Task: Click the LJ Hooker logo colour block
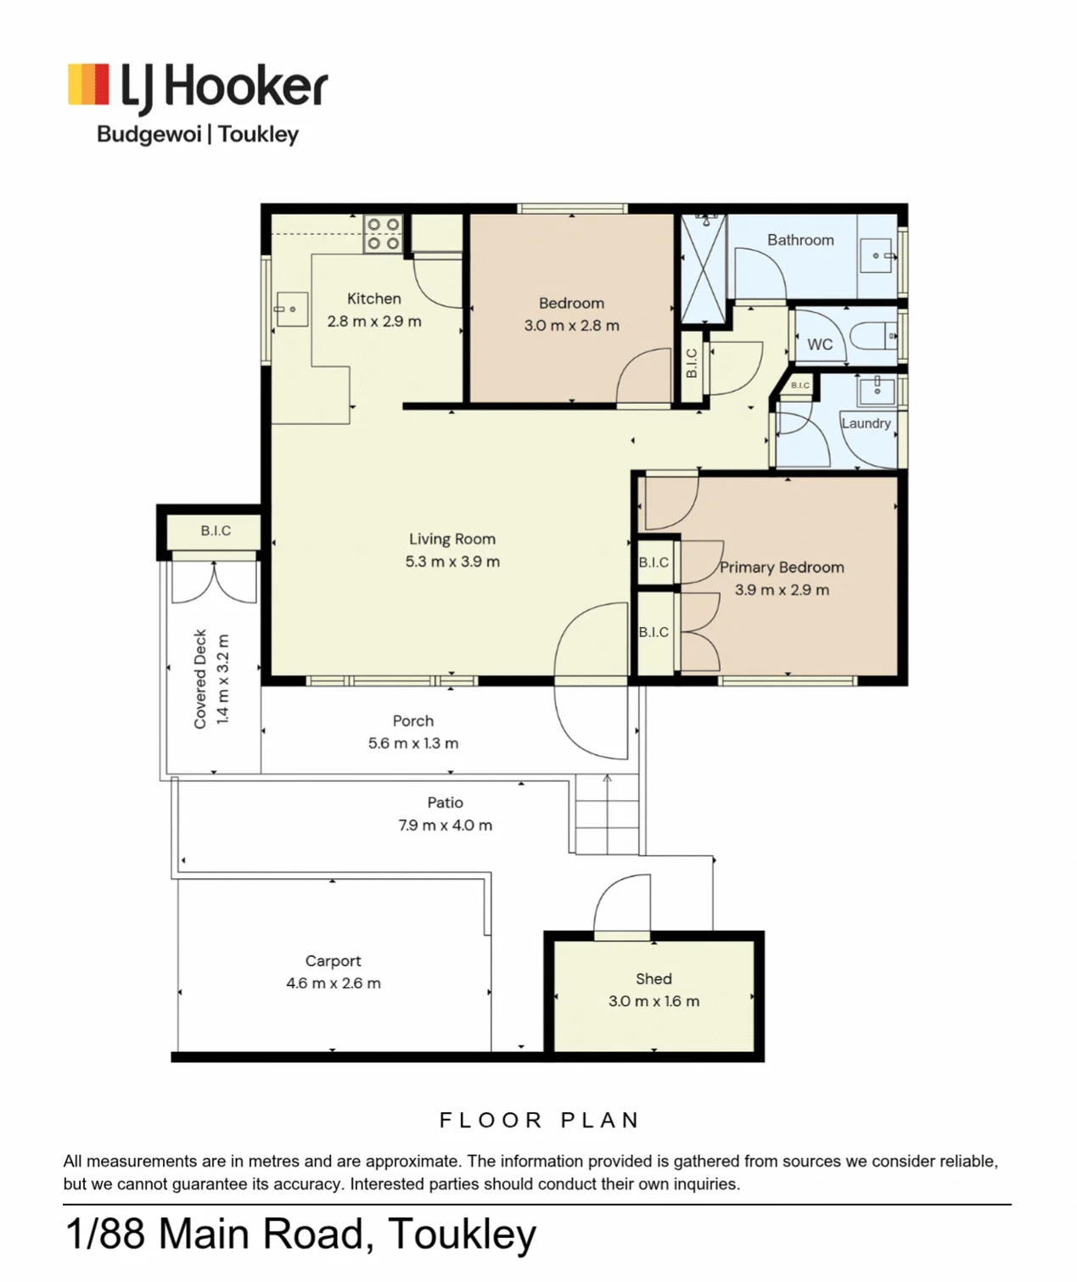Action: tap(88, 83)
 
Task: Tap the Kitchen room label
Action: tap(373, 299)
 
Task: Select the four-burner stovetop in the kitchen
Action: tap(384, 234)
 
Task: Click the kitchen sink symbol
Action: tap(292, 310)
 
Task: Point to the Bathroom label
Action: tap(800, 240)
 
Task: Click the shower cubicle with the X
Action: tap(704, 268)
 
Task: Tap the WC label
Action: tap(820, 344)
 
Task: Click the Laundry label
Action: tap(866, 423)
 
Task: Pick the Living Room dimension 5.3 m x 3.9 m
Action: tap(452, 562)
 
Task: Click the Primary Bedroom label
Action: tap(782, 568)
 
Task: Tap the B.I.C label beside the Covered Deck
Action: tap(216, 530)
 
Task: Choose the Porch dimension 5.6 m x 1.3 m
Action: tap(412, 743)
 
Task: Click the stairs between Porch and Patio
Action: tap(607, 815)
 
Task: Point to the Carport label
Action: tap(333, 961)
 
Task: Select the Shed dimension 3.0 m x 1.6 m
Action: tap(653, 1001)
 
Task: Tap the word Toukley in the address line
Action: tap(462, 1234)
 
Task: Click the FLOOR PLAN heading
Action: tap(540, 1121)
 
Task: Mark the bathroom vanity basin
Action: tap(877, 255)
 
